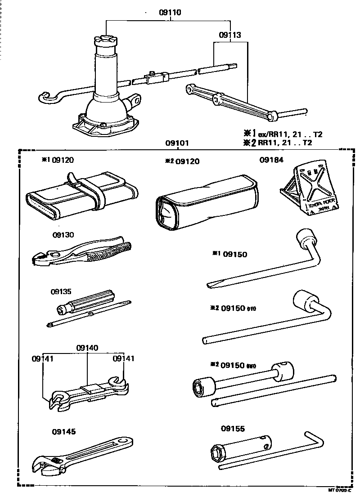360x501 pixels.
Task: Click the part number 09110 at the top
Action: click(x=170, y=13)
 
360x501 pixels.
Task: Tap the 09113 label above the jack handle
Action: click(x=230, y=35)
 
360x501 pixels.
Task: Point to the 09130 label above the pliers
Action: click(x=63, y=235)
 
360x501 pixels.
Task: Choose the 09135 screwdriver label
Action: click(x=61, y=291)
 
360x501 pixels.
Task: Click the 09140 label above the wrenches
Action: click(x=87, y=348)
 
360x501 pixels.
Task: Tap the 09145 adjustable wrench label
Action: click(x=63, y=432)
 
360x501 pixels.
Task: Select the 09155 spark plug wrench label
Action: click(x=233, y=429)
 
